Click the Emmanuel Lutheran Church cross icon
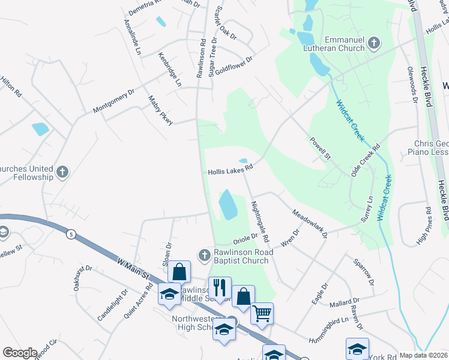pos(374,43)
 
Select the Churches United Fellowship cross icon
pos(61,173)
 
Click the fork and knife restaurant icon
pos(220,287)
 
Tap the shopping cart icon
pos(262,313)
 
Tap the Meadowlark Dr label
pos(309,223)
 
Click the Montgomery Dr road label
pos(113,102)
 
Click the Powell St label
pos(321,148)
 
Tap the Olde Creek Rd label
pos(367,157)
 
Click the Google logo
pos(20,353)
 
